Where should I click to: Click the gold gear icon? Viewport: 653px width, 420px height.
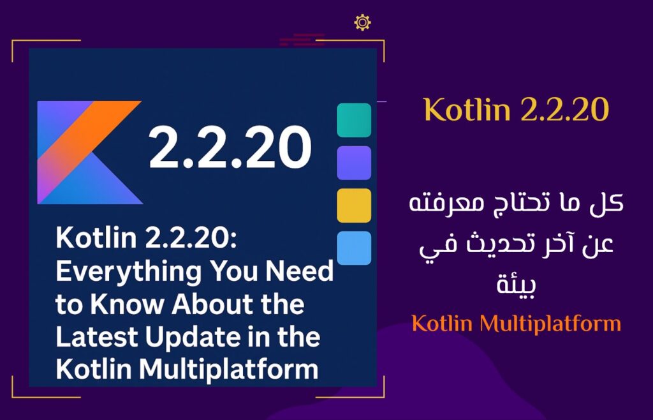362,22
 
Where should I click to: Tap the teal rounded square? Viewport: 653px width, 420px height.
354,120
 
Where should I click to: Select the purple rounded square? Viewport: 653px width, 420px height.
354,163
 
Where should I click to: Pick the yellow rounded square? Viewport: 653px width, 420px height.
354,206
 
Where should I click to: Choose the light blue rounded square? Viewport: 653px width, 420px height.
354,248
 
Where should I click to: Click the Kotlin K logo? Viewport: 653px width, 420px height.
89,153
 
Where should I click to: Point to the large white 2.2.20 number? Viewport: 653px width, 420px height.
230,147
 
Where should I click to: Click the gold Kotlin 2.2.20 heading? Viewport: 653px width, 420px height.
517,110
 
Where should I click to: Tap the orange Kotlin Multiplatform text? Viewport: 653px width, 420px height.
517,324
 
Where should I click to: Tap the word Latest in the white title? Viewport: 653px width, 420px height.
98,336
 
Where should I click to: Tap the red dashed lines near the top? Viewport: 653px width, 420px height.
302,40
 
